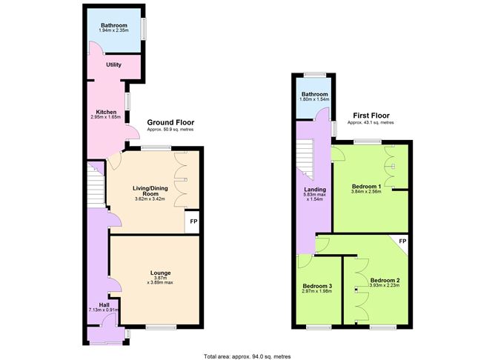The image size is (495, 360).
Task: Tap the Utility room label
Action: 113,65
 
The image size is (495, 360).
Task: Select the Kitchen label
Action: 106,112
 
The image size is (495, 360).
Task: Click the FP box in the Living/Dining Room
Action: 193,222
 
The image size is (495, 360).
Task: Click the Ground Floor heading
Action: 170,122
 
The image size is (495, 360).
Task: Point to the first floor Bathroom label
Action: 314,94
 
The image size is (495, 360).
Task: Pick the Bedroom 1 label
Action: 366,185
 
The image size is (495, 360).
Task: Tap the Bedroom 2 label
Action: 385,280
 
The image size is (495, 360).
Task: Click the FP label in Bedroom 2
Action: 402,241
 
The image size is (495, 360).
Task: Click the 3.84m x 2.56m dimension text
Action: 366,191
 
